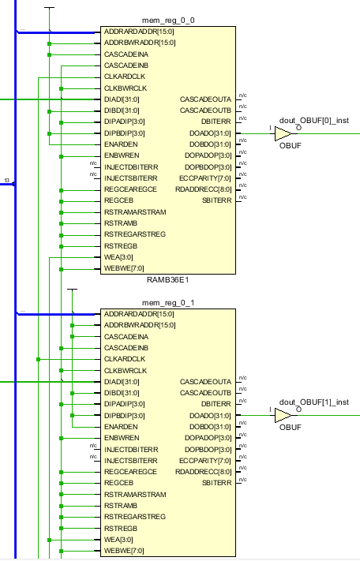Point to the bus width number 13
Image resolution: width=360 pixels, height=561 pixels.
[x=7, y=181]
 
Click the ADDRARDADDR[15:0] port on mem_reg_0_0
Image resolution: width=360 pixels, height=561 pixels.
[x=140, y=32]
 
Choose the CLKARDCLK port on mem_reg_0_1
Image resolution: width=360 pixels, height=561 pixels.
[x=126, y=359]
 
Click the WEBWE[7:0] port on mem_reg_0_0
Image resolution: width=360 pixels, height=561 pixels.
[x=124, y=269]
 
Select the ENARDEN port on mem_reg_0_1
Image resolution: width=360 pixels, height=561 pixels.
[x=121, y=426]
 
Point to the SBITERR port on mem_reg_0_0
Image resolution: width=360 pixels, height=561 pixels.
[x=216, y=200]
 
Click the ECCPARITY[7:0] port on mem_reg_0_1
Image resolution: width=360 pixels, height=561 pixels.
[x=204, y=460]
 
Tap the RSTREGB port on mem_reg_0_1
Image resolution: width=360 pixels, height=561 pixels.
[x=121, y=528]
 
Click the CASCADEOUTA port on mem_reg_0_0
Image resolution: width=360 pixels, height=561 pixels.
[x=205, y=99]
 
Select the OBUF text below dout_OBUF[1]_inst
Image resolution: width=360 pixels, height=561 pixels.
[x=291, y=428]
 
